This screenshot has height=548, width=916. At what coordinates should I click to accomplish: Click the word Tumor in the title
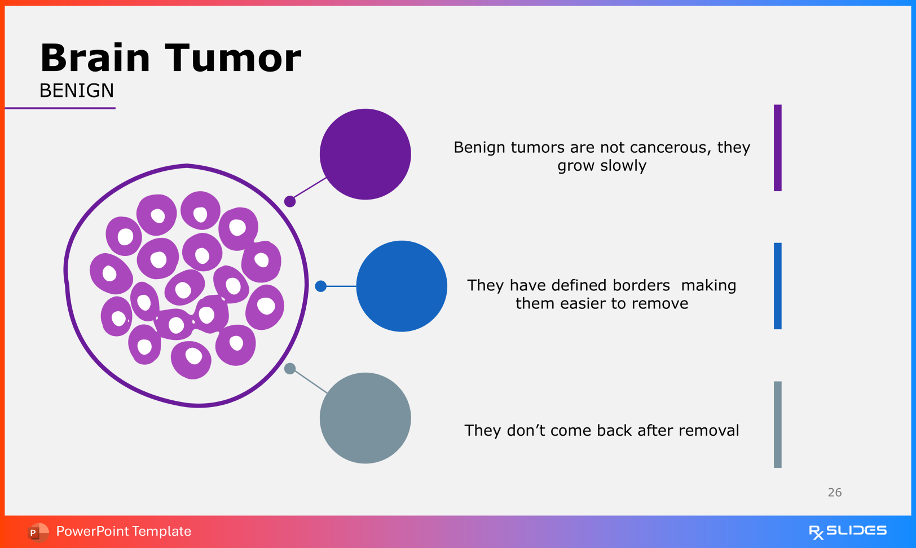(x=233, y=58)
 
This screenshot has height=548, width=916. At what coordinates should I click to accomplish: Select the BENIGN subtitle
(x=77, y=90)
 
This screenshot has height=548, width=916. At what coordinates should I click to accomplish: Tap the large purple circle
(x=365, y=154)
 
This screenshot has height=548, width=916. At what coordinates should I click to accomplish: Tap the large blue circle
(x=402, y=286)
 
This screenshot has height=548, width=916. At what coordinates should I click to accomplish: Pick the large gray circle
(x=365, y=418)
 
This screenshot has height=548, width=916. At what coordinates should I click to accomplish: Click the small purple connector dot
(x=290, y=201)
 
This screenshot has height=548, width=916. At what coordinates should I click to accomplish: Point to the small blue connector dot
(x=320, y=286)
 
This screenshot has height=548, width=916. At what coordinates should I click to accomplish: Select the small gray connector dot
(x=290, y=369)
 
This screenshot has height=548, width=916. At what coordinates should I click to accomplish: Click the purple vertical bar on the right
(x=777, y=148)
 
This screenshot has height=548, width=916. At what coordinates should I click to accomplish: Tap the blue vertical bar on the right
(x=777, y=286)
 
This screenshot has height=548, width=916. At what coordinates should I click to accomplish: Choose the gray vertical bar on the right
(x=777, y=425)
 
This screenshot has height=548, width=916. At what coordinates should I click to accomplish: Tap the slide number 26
(x=834, y=492)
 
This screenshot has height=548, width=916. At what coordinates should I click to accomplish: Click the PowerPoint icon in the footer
(x=38, y=532)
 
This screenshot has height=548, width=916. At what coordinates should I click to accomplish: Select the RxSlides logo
(x=848, y=532)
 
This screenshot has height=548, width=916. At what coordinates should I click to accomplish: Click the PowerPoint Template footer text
(x=124, y=531)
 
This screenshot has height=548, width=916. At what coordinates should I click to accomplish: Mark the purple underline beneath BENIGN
(x=60, y=108)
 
